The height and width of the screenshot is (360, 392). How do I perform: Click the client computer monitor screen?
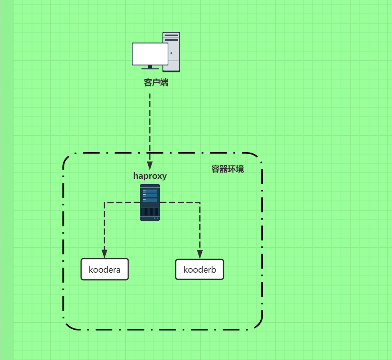pos(150,54)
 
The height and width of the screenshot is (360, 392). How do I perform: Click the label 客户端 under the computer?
pos(156,83)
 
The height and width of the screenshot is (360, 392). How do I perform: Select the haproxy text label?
pos(150,176)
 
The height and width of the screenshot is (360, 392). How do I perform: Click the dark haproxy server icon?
pos(150,202)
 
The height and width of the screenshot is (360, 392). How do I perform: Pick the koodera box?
pos(105,269)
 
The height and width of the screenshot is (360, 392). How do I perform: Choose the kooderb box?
pos(200,269)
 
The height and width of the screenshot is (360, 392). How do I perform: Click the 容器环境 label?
pos(227,169)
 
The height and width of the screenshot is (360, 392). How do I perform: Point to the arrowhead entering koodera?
pos(104,254)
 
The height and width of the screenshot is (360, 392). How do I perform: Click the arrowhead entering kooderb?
pos(200,254)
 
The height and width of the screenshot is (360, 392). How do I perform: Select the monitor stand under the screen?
pos(150,67)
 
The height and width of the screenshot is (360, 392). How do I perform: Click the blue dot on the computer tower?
pos(171,53)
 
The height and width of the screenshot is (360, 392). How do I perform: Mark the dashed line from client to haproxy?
pos(150,125)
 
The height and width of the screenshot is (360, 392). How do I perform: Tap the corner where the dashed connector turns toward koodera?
pos(104,202)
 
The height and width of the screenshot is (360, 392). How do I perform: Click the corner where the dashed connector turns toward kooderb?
pos(200,202)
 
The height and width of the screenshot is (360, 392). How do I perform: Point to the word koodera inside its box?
pos(105,269)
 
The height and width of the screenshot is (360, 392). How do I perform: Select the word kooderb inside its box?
pos(200,269)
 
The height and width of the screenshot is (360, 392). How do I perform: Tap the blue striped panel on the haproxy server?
pos(150,195)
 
